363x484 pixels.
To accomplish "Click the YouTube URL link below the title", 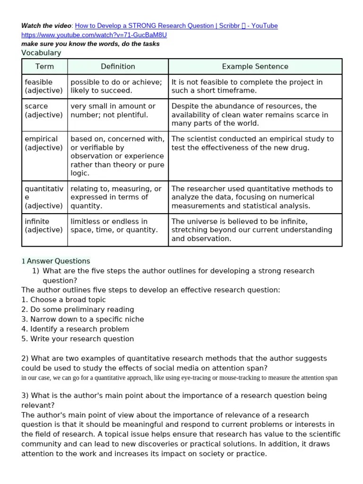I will pyautogui.click(x=94, y=35).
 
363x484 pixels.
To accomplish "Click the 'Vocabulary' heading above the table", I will pyautogui.click(x=41, y=53).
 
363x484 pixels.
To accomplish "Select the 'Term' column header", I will pyautogui.click(x=44, y=67).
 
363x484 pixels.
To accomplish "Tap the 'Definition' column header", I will pyautogui.click(x=118, y=67).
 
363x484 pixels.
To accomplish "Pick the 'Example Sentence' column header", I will pyautogui.click(x=255, y=67).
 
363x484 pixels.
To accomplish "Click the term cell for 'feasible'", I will pyautogui.click(x=43, y=86).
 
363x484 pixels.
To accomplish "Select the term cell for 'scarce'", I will pyautogui.click(x=43, y=111).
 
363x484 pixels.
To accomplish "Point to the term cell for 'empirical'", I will pyautogui.click(x=43, y=143).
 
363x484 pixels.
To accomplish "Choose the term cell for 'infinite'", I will pyautogui.click(x=43, y=225).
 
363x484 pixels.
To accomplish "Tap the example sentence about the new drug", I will pyautogui.click(x=252, y=143).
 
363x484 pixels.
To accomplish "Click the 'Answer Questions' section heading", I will pyautogui.click(x=58, y=261).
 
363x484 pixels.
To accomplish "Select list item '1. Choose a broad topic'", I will pyautogui.click(x=64, y=300).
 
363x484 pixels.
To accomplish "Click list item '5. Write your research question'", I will pyautogui.click(x=78, y=338).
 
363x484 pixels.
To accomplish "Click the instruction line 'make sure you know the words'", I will pyautogui.click(x=90, y=44).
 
